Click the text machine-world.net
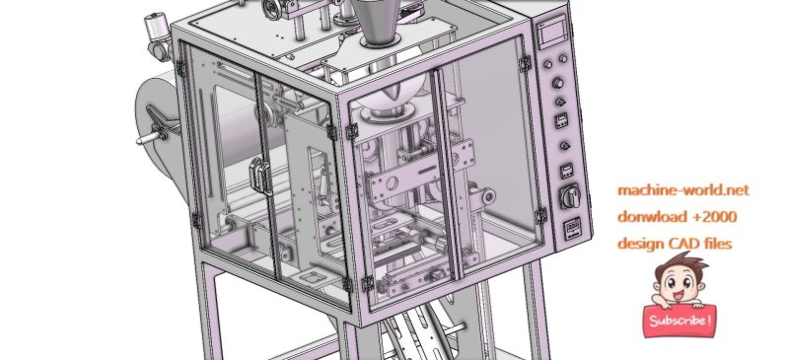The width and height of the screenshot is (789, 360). coord(683,188)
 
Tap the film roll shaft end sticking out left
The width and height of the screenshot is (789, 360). coord(145,139)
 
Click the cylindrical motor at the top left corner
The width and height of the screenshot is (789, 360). coord(156,36)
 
